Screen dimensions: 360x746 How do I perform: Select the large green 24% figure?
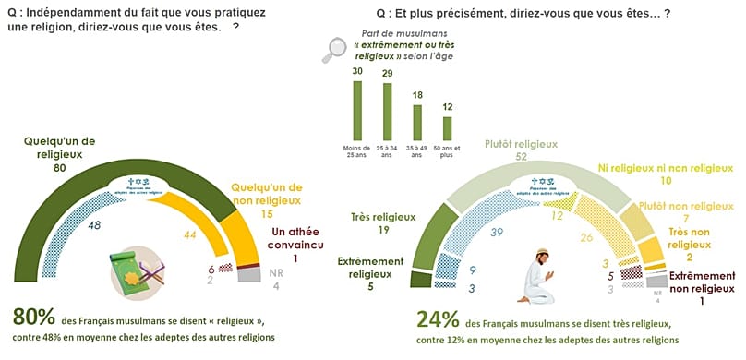438,318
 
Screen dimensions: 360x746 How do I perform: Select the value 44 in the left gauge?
190,236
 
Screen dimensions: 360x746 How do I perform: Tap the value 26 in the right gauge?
586,237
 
